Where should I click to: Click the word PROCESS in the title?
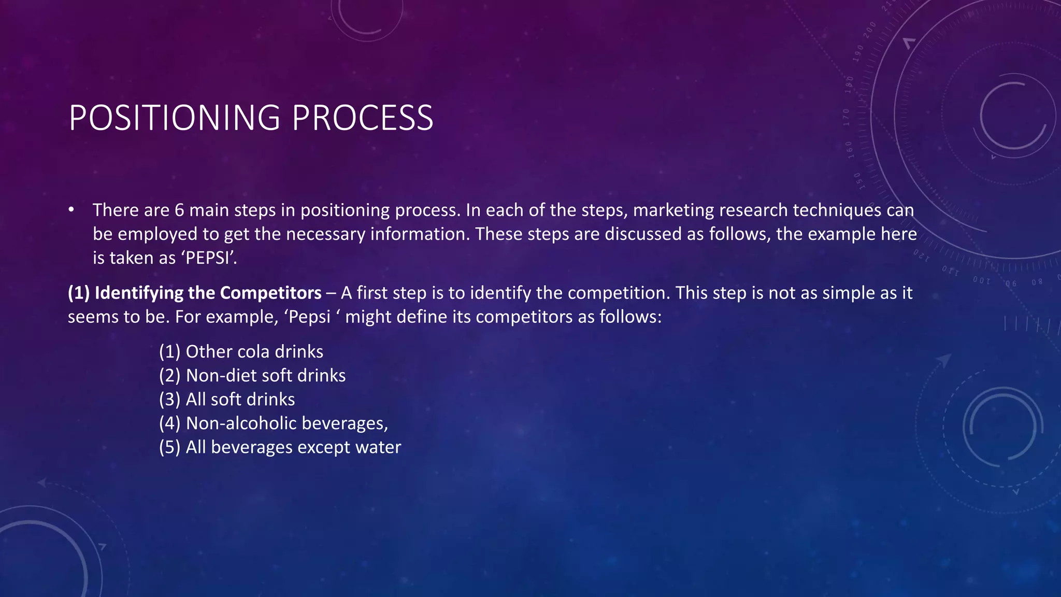point(362,118)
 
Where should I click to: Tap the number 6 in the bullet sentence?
point(179,210)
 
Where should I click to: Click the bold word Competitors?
point(271,293)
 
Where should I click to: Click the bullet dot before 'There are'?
point(71,210)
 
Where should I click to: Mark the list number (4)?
point(169,423)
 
